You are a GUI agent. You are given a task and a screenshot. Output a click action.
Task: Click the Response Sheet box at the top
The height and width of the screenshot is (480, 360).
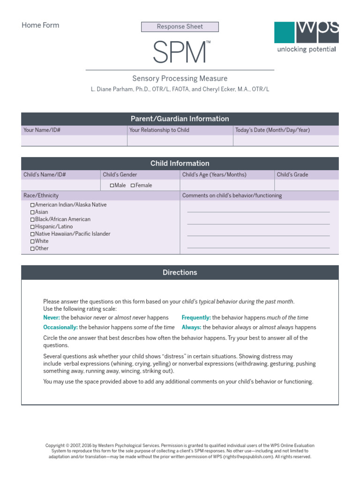[180, 27]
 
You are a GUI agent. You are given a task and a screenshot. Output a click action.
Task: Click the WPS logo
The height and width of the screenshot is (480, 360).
[306, 36]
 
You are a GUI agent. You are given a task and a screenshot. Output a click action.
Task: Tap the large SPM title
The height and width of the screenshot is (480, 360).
[180, 52]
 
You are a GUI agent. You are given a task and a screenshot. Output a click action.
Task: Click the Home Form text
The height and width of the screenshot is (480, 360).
[40, 25]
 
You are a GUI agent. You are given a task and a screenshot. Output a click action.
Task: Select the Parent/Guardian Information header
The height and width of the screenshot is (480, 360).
[180, 119]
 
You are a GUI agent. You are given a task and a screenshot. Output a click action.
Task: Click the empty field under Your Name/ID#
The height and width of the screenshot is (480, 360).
[74, 141]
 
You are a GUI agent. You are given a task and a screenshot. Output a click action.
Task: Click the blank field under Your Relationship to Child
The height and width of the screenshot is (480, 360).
[180, 141]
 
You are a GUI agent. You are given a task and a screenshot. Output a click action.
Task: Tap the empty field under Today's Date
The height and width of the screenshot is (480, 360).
[285, 141]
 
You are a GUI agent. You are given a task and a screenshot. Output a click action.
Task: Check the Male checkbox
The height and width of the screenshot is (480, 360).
[112, 186]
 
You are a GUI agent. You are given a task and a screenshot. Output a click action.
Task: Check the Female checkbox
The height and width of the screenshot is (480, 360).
[133, 186]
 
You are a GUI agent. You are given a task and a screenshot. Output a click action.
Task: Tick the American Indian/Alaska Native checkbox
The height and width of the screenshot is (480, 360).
[32, 205]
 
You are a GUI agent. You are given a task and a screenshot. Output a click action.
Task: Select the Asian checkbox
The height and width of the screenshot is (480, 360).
[32, 212]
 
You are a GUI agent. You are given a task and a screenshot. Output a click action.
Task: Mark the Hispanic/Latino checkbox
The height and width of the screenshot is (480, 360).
[32, 227]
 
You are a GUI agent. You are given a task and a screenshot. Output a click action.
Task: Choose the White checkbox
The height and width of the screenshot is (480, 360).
[32, 241]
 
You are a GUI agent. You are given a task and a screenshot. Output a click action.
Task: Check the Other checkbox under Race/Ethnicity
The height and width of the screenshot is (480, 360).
[32, 249]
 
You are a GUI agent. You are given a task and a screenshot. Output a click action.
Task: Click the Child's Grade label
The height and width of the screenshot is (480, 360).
[292, 175]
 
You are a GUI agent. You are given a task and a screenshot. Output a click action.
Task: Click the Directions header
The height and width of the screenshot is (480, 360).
[180, 272]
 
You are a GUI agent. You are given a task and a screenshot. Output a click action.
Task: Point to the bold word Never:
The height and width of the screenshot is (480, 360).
[52, 318]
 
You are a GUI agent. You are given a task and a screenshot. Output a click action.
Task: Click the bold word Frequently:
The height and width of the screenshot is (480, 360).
[196, 318]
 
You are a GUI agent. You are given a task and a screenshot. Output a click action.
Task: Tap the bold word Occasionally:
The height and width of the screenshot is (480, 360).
[60, 328]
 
